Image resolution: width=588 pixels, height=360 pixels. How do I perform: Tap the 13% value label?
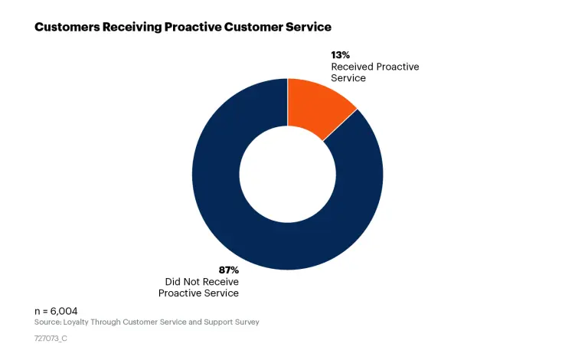(340, 55)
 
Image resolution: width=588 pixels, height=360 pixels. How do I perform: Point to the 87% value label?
(228, 270)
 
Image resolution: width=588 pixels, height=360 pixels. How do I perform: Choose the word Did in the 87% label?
(173, 281)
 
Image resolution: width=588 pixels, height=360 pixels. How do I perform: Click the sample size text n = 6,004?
(56, 311)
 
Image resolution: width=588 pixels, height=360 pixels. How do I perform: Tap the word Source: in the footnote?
(47, 322)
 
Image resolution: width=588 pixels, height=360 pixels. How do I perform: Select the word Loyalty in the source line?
(78, 322)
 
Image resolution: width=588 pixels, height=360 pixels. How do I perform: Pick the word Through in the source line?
(111, 322)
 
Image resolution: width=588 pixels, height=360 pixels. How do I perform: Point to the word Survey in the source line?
(247, 322)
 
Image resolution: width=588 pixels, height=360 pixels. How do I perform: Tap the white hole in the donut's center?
(287, 174)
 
